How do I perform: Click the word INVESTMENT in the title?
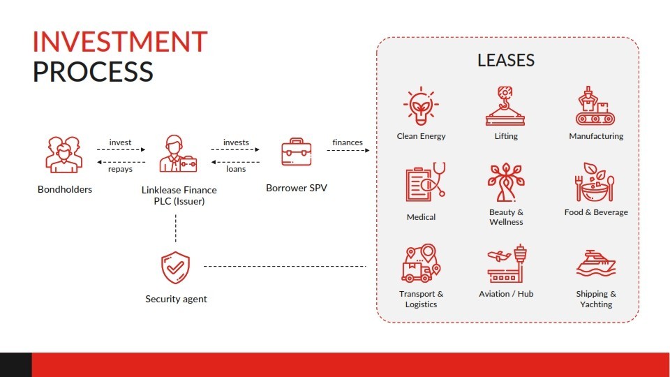pyautogui.click(x=120, y=42)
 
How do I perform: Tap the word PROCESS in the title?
pyautogui.click(x=93, y=71)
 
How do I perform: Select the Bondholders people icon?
pyautogui.click(x=64, y=154)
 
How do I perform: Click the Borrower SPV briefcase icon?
pyautogui.click(x=296, y=151)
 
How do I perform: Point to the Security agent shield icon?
pyautogui.click(x=175, y=267)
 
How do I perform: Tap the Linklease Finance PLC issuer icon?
pyautogui.click(x=178, y=154)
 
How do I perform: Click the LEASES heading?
pyautogui.click(x=506, y=60)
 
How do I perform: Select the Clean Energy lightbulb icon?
pyautogui.click(x=421, y=106)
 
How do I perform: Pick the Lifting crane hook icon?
pyautogui.click(x=505, y=106)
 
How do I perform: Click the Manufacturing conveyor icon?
pyautogui.click(x=595, y=106)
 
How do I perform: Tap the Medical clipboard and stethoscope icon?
pyautogui.click(x=425, y=182)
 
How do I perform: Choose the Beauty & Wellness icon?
pyautogui.click(x=506, y=182)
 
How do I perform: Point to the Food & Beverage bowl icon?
pyautogui.click(x=595, y=182)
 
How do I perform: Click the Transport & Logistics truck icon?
pyautogui.click(x=421, y=263)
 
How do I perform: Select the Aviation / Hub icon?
pyautogui.click(x=507, y=263)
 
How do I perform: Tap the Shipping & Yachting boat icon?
pyautogui.click(x=595, y=264)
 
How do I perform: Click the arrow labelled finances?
pyautogui.click(x=348, y=151)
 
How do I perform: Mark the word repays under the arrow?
pyautogui.click(x=120, y=169)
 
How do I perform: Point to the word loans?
pyautogui.click(x=236, y=169)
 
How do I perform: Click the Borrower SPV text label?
pyautogui.click(x=297, y=188)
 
